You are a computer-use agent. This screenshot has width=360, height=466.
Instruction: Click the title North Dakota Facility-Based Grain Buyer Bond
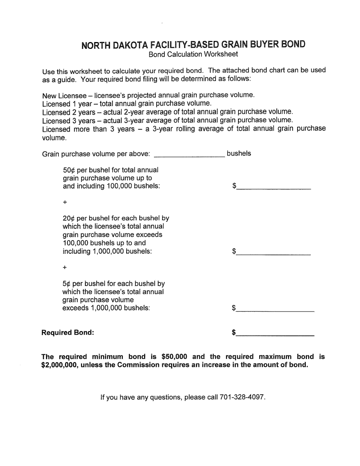193,45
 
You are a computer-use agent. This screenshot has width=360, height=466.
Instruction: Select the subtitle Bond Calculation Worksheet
193,54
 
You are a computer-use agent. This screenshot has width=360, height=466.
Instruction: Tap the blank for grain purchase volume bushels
189,153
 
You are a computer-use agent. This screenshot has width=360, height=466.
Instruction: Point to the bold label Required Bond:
68,333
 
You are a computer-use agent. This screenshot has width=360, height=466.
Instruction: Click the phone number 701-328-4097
242,397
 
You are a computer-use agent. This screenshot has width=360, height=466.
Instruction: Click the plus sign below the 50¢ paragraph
65,203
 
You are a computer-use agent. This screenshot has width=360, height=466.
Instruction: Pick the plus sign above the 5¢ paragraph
65,267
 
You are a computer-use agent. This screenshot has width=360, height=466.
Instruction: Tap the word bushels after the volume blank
239,153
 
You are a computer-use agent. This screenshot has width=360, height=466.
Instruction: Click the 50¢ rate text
69,170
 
